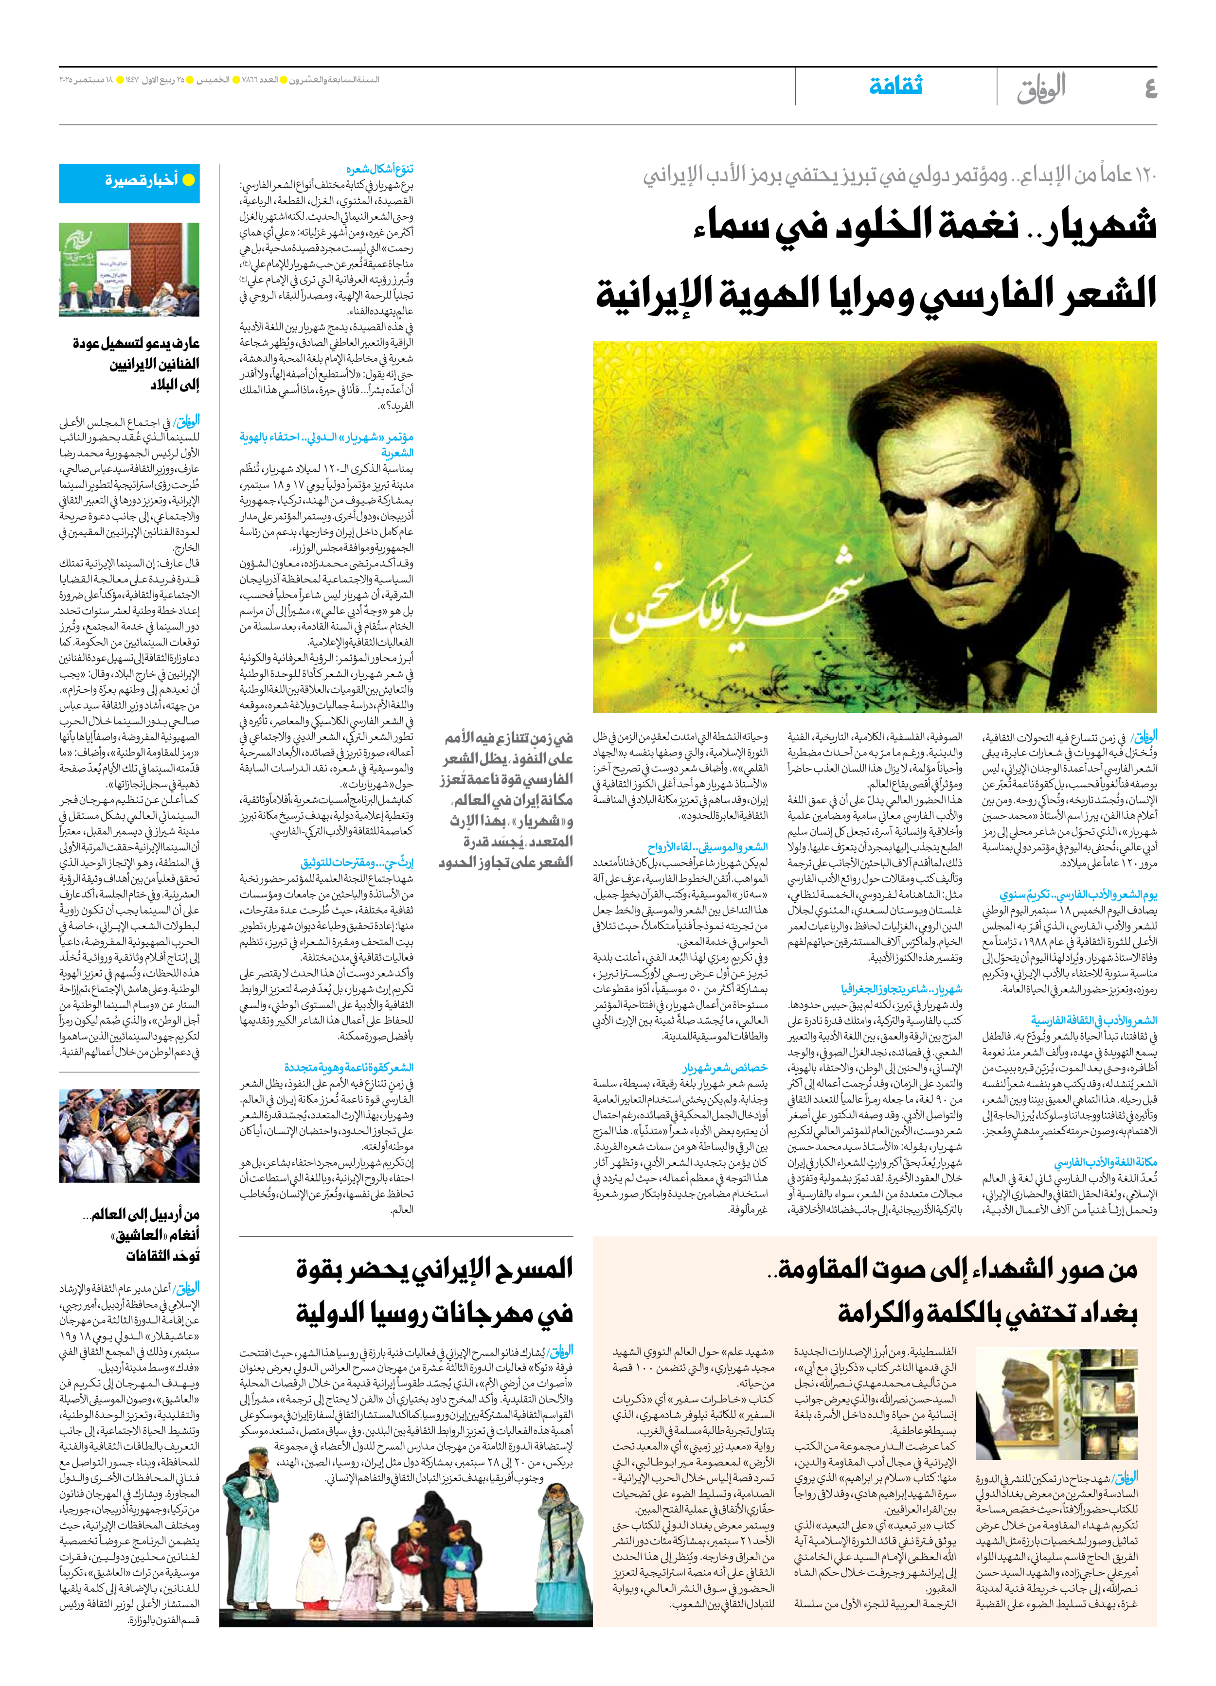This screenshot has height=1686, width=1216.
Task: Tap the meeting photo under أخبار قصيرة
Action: [x=129, y=270]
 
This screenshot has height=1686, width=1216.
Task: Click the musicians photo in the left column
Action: [x=129, y=1136]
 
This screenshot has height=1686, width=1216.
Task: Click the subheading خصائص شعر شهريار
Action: [x=725, y=1068]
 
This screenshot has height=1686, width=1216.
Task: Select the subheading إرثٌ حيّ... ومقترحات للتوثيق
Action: [x=357, y=863]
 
